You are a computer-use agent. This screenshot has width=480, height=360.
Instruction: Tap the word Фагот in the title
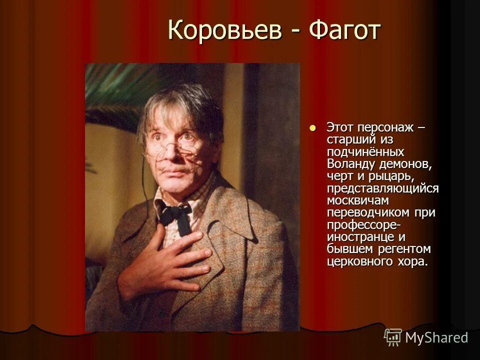345,31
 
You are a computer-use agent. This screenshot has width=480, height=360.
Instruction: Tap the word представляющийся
382,188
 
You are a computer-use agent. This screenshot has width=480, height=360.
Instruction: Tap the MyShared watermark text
436,337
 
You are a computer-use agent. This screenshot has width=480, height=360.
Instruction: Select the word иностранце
358,236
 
